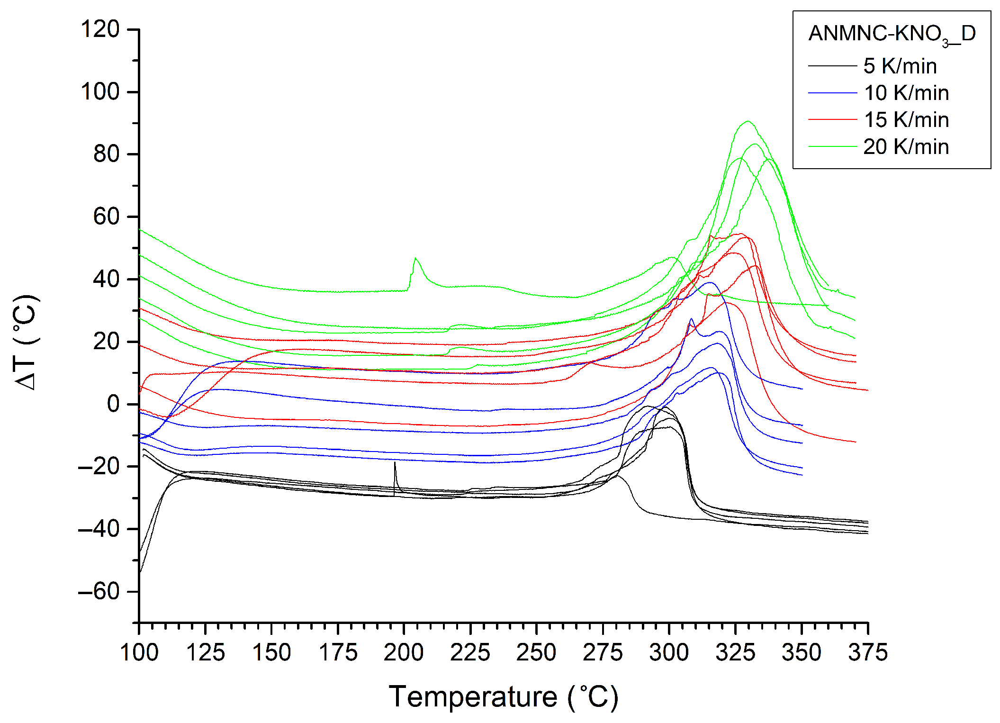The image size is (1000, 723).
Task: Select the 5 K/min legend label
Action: [x=900, y=66]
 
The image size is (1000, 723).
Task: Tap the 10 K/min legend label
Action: [x=906, y=93]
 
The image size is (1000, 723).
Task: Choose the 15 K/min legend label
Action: [x=906, y=120]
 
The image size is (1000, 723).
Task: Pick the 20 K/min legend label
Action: [x=906, y=147]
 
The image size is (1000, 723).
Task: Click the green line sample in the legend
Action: [x=832, y=147]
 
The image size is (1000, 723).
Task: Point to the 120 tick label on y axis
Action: [x=100, y=29]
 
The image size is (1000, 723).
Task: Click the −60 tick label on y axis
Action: [x=99, y=592]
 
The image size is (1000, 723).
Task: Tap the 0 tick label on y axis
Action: [x=113, y=404]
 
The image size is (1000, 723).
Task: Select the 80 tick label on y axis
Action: [x=106, y=154]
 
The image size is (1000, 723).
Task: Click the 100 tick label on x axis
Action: [x=139, y=653]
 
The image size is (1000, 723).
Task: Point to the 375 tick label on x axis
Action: [x=867, y=653]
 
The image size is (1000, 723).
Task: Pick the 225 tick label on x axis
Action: [x=470, y=653]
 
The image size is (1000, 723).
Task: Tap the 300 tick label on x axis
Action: [x=668, y=653]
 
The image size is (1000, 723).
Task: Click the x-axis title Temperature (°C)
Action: [x=504, y=697]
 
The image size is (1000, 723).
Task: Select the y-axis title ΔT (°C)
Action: [x=26, y=342]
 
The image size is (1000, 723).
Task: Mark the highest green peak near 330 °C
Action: [x=748, y=122]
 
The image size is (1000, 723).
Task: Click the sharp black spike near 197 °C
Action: [x=395, y=463]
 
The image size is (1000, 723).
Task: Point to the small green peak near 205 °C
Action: [x=415, y=259]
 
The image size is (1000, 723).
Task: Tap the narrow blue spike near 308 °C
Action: [x=691, y=319]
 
